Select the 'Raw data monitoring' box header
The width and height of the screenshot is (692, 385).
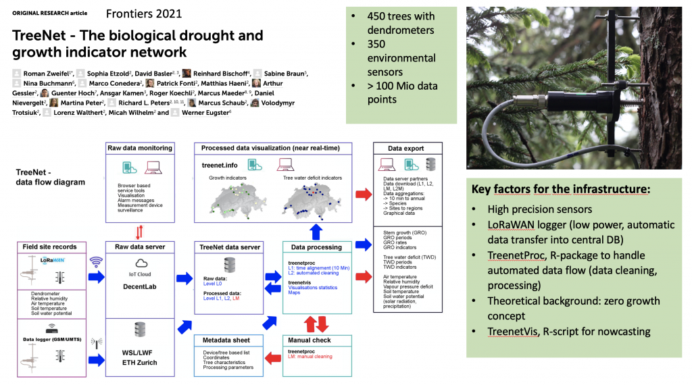click(140, 148)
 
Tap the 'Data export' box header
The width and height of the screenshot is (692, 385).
click(407, 148)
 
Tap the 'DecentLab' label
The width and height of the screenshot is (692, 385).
click(139, 286)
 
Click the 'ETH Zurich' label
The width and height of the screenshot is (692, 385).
click(139, 362)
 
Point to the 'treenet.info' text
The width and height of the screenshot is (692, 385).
click(220, 165)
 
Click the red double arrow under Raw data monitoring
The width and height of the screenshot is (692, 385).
click(139, 232)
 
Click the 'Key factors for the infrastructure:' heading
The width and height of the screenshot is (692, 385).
click(561, 189)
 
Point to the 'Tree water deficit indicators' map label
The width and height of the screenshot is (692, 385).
click(316, 178)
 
